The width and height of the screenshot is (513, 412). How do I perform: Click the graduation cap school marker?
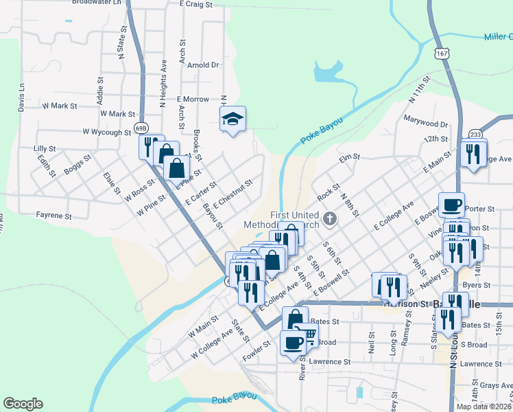232,119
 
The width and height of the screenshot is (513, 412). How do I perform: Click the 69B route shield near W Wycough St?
141,128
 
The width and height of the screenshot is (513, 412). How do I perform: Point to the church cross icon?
330,220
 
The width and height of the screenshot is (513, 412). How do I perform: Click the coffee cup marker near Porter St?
451,204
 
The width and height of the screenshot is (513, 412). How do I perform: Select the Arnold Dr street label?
204,65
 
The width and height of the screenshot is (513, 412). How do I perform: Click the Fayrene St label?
53,216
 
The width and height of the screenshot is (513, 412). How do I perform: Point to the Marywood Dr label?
425,124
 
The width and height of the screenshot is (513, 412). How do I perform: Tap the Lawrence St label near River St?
329,362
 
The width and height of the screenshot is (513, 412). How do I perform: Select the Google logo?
23,404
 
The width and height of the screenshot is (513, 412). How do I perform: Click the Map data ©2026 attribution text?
483,407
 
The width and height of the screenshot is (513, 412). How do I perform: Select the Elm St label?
349,158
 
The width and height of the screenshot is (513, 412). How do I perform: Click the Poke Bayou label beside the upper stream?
320,130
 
